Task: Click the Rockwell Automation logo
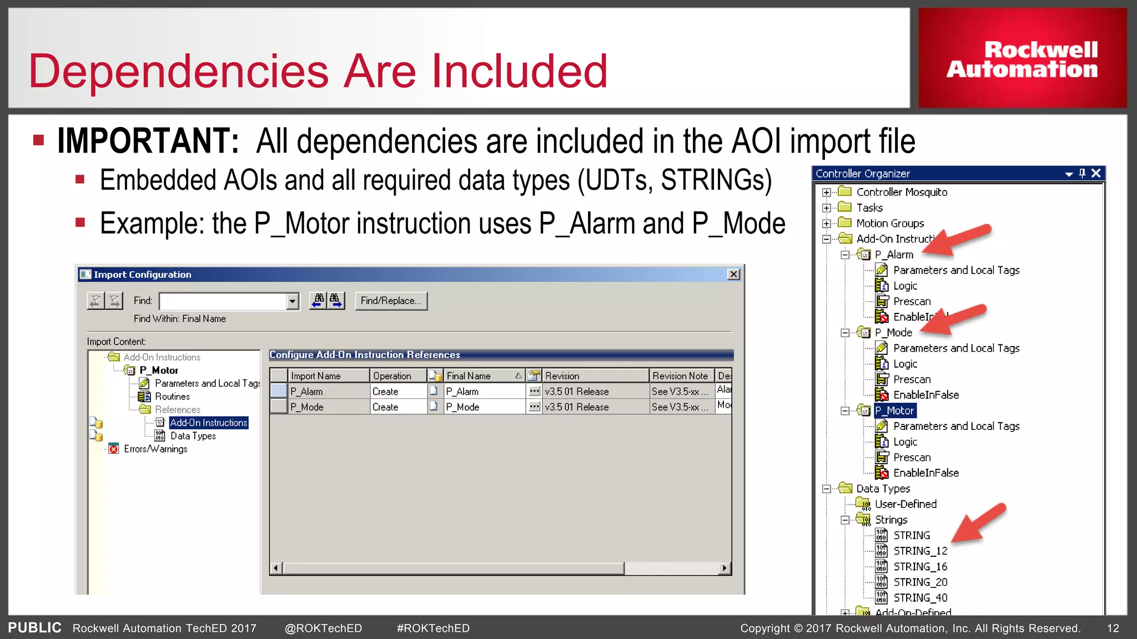point(1022,59)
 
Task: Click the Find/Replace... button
point(391,301)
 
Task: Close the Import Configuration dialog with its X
point(733,275)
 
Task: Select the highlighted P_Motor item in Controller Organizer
point(894,410)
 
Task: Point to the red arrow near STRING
point(978,523)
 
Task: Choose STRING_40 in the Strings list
point(920,598)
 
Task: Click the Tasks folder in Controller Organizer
point(869,208)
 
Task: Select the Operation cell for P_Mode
point(398,407)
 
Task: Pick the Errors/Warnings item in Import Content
point(155,449)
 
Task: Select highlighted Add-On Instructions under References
point(208,423)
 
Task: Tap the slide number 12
point(1113,628)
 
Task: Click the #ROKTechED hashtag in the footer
point(433,628)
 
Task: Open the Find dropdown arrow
point(292,301)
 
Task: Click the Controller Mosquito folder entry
point(901,192)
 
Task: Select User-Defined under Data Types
point(905,504)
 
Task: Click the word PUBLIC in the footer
point(34,628)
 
